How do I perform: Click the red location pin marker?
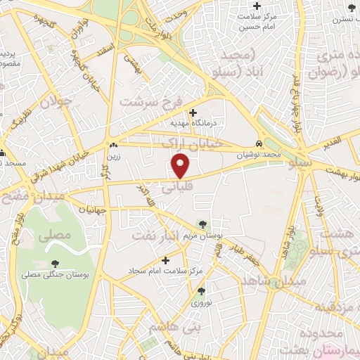[x=181, y=165]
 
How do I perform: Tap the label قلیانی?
[x=179, y=188]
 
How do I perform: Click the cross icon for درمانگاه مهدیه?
[x=193, y=111]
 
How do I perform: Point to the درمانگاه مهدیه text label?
[x=197, y=124]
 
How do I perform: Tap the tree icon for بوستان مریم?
[x=203, y=224]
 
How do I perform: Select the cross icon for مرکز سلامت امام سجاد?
[x=165, y=259]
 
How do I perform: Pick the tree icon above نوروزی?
[x=202, y=291]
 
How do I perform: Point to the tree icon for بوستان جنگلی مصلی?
[x=56, y=264]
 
